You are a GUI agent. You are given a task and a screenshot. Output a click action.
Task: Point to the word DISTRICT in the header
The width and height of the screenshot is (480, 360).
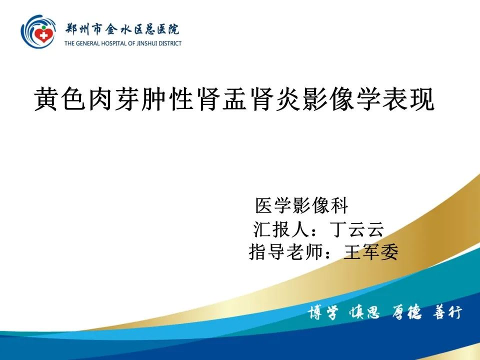click(x=171, y=43)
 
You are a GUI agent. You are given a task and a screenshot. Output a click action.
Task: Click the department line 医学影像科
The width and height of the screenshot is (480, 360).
click(x=301, y=205)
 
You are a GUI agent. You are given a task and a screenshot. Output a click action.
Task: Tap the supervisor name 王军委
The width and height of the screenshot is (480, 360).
click(x=371, y=252)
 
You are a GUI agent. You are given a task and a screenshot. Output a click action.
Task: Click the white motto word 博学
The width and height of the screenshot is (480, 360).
click(x=322, y=313)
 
